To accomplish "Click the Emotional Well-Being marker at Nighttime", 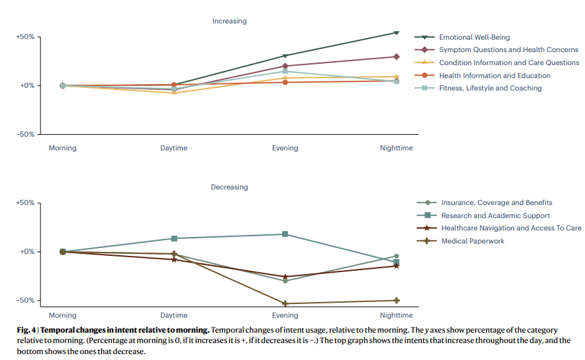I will coord(396,33).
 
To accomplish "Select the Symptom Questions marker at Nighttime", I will coord(396,57).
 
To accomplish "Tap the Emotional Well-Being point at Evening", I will coord(285,56).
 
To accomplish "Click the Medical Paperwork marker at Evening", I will coord(285,303).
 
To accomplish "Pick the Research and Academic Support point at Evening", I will coord(285,234).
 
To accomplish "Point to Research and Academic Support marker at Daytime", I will coord(174,238).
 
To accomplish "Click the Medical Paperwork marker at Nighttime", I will coord(396,300).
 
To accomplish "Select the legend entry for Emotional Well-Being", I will coord(474,38).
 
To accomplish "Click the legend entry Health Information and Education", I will coord(494,76).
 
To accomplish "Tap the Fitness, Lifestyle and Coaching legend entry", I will coord(490,88).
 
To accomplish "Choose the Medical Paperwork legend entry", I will coord(472,241).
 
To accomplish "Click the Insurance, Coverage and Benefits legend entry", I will coord(496,202).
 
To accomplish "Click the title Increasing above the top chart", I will coord(229,21).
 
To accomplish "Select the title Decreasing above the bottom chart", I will coord(229,187).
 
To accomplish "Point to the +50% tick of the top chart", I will coord(25,36).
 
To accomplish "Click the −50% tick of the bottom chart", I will coord(25,301).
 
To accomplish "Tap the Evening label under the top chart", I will coord(285,148).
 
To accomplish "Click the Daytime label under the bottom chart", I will coord(174,315).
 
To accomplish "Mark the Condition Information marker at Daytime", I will coord(174,92).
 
